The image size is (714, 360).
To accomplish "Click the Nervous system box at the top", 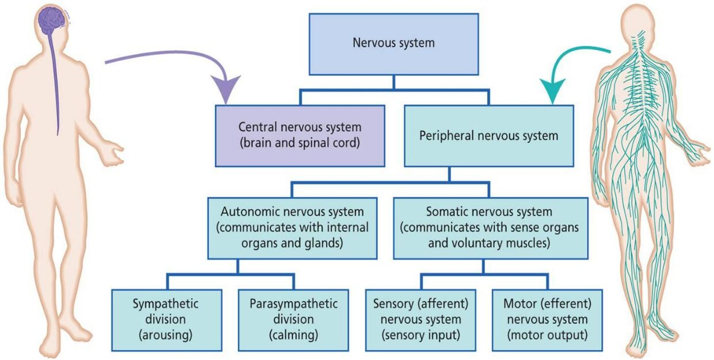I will point(393,44).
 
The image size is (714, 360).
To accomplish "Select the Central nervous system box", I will point(300,136).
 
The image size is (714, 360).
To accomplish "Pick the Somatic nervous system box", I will point(490,228).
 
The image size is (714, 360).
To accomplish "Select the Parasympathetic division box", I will point(293,320).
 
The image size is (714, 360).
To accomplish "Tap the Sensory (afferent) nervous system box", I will point(421,320).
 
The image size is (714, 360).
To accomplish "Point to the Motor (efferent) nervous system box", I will point(547,320).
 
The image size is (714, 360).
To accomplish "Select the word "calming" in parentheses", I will point(293,334).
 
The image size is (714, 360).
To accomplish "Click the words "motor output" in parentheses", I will point(547,334).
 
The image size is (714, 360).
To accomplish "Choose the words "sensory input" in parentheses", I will point(421,334).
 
